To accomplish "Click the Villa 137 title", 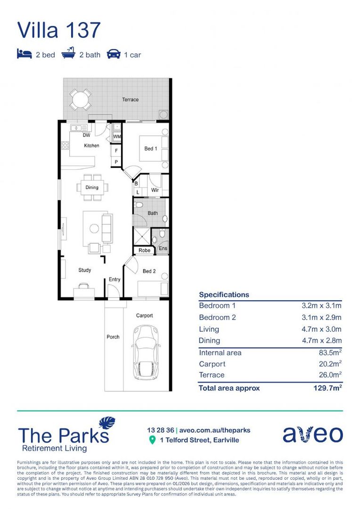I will pos(59,30).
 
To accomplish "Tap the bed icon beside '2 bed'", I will pos(24,54).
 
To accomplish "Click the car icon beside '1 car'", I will pos(114,54).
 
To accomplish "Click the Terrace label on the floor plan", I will pos(131,99).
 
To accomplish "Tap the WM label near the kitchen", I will pos(117,137).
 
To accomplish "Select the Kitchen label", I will pos(91,146).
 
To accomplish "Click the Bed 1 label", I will pos(150,148).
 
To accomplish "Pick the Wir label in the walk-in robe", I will pos(155,190).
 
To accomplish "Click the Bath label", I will pos(152,213).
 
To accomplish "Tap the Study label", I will pos(84,270).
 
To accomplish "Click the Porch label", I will pos(113,337).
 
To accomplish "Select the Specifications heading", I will pos(224,295).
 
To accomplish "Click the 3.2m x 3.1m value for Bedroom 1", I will pos(321,306).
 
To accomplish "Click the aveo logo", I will pos(312,434).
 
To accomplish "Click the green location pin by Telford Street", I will pos(152,440).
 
